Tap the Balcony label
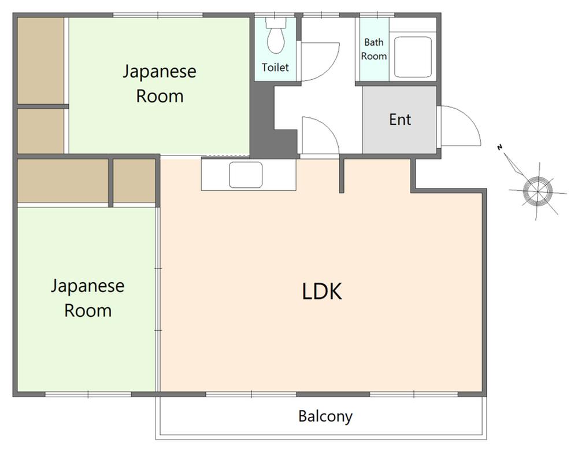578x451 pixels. coord(325,416)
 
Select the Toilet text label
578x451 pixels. coord(275,68)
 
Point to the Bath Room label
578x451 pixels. coord(374,49)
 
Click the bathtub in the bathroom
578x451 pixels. coord(413,56)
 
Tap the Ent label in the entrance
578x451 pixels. coord(400,120)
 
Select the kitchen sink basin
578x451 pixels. coord(246,175)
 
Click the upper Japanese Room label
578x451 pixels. coord(160,84)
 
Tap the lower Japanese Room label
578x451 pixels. coord(87,298)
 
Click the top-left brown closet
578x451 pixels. coord(40,60)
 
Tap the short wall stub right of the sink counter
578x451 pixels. coord(342,175)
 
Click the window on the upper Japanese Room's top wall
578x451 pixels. coord(158,15)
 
